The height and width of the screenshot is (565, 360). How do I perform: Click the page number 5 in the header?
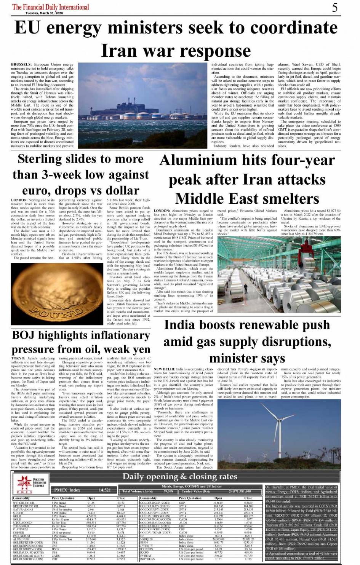pyautogui.click(x=335, y=7)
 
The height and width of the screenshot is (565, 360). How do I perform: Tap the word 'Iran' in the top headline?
pyautogui.click(x=122, y=51)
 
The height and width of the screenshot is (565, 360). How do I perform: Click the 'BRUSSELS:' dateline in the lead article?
pyautogui.click(x=21, y=65)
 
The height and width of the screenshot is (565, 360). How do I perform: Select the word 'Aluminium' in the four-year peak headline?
pyautogui.click(x=198, y=160)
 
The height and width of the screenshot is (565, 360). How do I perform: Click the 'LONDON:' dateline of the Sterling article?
pyautogui.click(x=19, y=200)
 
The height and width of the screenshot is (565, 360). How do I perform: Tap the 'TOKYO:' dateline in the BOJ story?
pyautogui.click(x=18, y=358)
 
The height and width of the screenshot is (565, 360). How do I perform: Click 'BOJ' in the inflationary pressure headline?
pyautogui.click(x=27, y=335)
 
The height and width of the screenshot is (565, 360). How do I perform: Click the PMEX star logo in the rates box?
pyautogui.click(x=24, y=483)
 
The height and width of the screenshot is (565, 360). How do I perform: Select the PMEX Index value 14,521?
pyautogui.click(x=105, y=490)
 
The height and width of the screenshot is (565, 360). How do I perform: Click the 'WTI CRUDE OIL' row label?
pyautogui.click(x=24, y=503)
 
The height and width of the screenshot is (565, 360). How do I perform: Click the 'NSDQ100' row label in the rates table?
pyautogui.click(x=147, y=539)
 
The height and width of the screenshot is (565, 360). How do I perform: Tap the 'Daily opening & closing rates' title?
pyautogui.click(x=180, y=477)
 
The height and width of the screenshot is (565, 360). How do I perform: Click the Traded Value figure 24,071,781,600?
pyautogui.click(x=240, y=492)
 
